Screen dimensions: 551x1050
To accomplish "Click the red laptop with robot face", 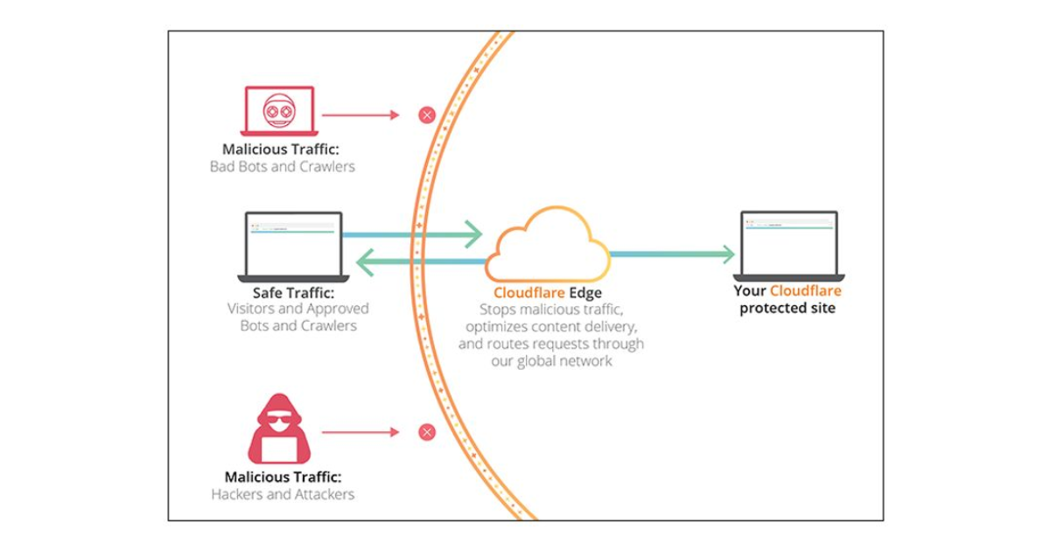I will (x=279, y=111).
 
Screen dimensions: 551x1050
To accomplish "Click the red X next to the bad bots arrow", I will (x=426, y=115).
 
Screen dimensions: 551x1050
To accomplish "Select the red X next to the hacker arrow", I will (x=426, y=432).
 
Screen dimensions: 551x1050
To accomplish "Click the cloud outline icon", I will (x=548, y=245).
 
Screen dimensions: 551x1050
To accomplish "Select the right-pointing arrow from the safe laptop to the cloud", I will (x=411, y=234).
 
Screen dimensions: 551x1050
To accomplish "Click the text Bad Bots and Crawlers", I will (x=283, y=166).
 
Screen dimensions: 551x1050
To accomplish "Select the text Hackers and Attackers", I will (x=283, y=494).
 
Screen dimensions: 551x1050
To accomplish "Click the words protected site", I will (x=787, y=309).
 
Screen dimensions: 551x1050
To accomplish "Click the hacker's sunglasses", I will (x=279, y=421).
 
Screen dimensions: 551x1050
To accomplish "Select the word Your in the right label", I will (x=750, y=291).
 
